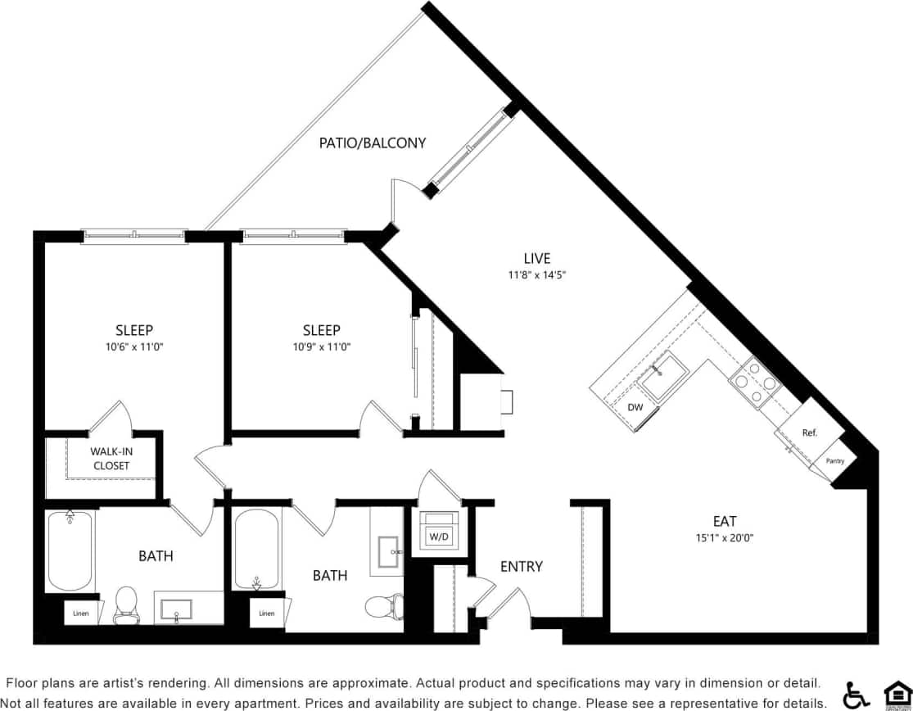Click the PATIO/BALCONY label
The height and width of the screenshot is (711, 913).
(373, 143)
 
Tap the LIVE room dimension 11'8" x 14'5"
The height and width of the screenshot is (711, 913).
(537, 275)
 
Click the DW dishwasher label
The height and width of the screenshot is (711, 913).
(635, 407)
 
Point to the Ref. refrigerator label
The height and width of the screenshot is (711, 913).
(809, 432)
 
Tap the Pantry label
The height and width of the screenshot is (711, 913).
(834, 461)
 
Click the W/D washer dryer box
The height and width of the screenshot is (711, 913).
(438, 537)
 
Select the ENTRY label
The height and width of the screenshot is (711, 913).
(521, 566)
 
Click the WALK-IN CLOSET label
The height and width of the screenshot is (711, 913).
(111, 458)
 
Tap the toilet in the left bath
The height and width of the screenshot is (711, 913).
(126, 605)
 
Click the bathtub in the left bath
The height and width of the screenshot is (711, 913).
(70, 550)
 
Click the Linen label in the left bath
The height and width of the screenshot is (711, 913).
(80, 613)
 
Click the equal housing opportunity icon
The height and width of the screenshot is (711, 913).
(896, 694)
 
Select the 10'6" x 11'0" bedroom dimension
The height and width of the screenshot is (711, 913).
(133, 346)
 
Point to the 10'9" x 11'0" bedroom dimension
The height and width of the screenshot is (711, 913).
(321, 346)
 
